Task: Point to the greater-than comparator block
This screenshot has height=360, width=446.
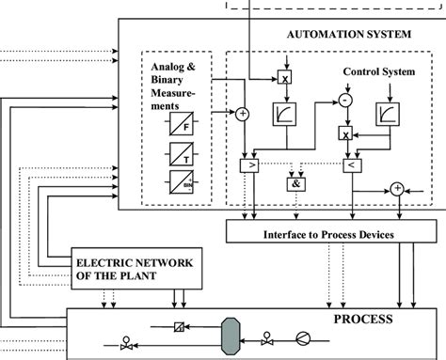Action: point(249,165)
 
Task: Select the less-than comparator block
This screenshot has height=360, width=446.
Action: point(347,166)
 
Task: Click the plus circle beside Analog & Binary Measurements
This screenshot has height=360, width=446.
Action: point(242,114)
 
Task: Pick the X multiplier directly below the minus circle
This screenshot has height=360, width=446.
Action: point(346,134)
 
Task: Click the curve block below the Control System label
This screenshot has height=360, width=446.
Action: point(388,116)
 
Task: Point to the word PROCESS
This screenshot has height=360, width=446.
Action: point(367,321)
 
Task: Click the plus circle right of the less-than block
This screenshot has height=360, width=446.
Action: point(397,188)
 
